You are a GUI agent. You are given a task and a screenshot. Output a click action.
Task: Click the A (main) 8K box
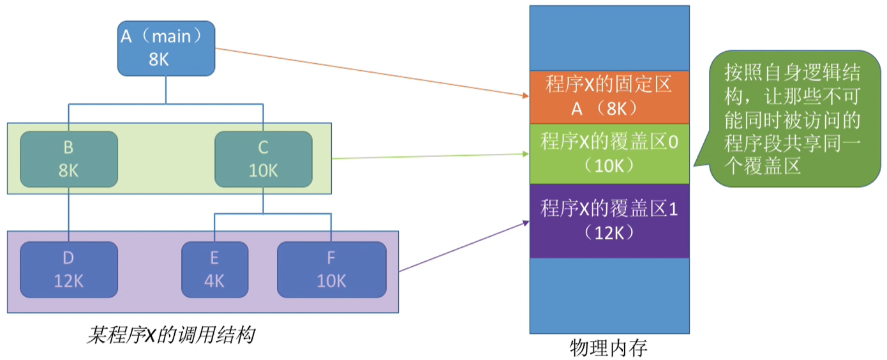pyautogui.click(x=167, y=49)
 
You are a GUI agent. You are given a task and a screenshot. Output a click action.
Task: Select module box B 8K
pyautogui.click(x=69, y=159)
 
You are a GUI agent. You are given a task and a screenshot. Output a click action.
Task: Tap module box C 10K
pyautogui.click(x=264, y=159)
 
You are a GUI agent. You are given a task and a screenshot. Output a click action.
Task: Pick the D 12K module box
pyautogui.click(x=69, y=270)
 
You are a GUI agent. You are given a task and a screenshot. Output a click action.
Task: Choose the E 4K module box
pyautogui.click(x=214, y=270)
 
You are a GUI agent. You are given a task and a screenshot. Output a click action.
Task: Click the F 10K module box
pyautogui.click(x=331, y=270)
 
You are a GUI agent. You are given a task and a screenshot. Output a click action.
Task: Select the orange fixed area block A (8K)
pyautogui.click(x=609, y=98)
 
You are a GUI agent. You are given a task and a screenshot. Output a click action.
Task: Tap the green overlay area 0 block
pyautogui.click(x=609, y=154)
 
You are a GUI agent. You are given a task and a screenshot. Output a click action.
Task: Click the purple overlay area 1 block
pyautogui.click(x=609, y=221)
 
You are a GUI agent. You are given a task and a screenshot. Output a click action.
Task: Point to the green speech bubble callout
pyautogui.click(x=794, y=119)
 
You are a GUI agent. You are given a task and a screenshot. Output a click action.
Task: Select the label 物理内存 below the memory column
pyautogui.click(x=609, y=348)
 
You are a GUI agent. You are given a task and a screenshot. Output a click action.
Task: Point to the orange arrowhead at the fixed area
pyautogui.click(x=526, y=96)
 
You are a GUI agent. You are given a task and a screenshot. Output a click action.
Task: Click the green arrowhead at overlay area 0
pyautogui.click(x=526, y=154)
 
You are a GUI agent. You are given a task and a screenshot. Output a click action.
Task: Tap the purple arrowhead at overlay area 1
pyautogui.click(x=526, y=223)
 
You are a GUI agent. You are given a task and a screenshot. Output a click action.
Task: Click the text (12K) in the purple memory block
pyautogui.click(x=609, y=233)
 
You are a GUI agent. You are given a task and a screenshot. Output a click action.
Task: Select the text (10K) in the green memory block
pyautogui.click(x=609, y=165)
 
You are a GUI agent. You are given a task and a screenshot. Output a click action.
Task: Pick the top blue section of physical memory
pyautogui.click(x=609, y=38)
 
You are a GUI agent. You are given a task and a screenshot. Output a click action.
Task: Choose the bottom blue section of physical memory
pyautogui.click(x=609, y=296)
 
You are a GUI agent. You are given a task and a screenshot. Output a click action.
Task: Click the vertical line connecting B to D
pyautogui.click(x=69, y=214)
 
